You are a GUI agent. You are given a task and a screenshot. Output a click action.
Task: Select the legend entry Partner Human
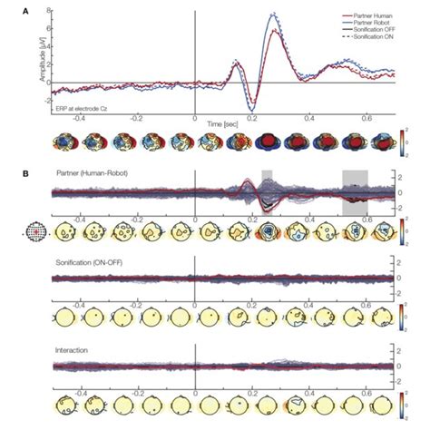click(x=358, y=15)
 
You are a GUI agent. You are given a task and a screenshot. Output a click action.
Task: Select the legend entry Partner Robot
click(x=358, y=23)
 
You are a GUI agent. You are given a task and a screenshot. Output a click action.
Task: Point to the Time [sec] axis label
click(x=223, y=120)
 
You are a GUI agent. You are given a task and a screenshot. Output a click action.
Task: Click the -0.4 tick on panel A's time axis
click(x=81, y=118)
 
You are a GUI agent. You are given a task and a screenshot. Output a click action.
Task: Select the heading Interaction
click(x=73, y=348)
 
